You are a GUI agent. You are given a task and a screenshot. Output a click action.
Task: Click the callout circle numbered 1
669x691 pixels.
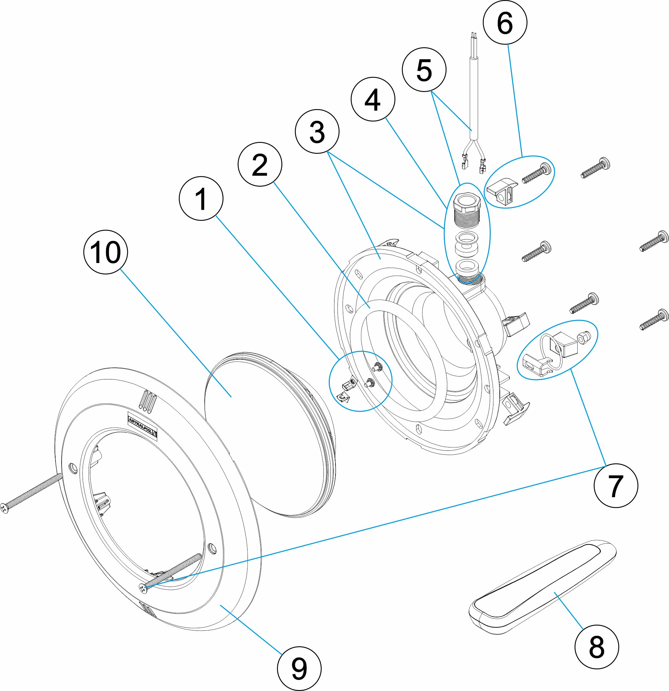point(201,198)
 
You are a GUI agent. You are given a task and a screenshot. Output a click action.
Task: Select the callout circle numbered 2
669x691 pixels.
point(260,164)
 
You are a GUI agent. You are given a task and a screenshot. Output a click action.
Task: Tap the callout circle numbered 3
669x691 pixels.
point(317,132)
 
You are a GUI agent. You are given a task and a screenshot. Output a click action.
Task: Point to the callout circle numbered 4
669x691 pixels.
point(373,99)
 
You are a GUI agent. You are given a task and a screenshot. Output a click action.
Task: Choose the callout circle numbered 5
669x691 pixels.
point(424,70)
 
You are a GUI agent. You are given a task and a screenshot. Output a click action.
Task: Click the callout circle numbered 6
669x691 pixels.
point(505,22)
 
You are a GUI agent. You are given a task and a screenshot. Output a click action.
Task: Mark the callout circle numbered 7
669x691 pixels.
point(616,486)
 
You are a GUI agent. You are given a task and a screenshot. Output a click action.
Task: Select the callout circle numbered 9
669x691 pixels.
point(299,669)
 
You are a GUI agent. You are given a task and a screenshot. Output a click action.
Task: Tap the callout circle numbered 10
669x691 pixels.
point(105,252)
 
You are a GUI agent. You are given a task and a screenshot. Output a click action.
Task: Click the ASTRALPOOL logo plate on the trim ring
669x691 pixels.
point(142,425)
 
